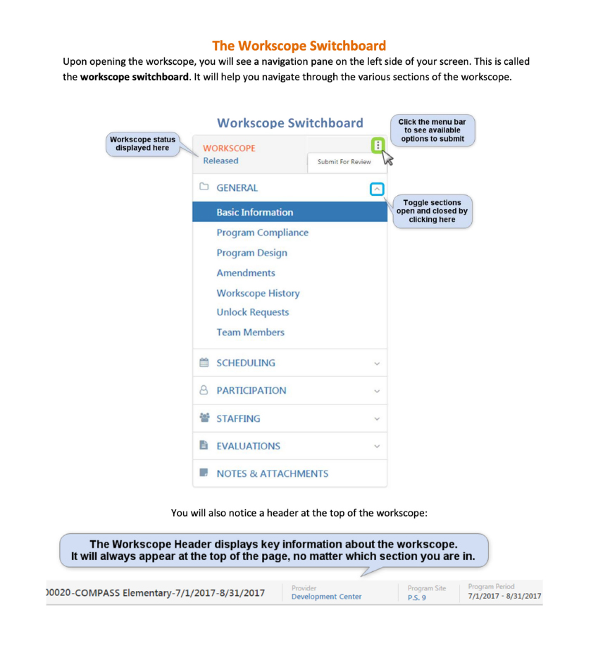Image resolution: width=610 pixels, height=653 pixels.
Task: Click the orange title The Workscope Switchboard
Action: pos(299,46)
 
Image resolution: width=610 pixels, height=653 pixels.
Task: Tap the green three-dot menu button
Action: pos(378,145)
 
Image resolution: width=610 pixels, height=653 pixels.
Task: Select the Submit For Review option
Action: pos(344,162)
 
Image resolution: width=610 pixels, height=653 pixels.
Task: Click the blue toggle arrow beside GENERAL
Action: pos(378,189)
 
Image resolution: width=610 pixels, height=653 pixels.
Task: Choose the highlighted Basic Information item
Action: pos(254,212)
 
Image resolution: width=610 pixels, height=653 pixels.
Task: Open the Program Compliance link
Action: pos(262,232)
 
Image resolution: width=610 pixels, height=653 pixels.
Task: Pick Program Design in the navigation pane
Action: pos(251,253)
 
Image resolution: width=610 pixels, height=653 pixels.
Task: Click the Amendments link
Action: pos(246,273)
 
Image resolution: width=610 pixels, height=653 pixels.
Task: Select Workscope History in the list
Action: pos(258,293)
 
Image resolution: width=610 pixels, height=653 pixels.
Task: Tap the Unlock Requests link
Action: pos(252,312)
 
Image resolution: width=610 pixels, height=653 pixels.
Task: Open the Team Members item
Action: pos(250,332)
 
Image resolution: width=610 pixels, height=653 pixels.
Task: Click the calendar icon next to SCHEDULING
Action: pos(204,363)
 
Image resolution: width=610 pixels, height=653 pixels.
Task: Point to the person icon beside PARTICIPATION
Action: pos(204,390)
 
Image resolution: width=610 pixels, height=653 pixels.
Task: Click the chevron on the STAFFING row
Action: pos(377,418)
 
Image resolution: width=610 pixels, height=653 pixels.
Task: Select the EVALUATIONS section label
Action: pos(248,446)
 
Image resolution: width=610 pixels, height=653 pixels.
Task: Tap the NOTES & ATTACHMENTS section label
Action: pos(272,473)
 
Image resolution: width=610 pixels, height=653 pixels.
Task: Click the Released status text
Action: pos(220,161)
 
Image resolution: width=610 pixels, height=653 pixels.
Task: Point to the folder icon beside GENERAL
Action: pos(204,187)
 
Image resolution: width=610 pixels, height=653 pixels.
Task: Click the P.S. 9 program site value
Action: pos(416,597)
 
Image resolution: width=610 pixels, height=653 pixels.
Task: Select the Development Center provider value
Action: pos(326,597)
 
